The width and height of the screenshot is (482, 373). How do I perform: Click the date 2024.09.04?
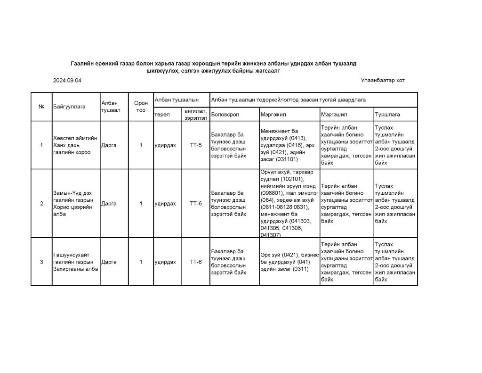[x=67, y=81]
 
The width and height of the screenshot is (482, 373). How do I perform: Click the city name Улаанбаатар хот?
[x=382, y=81]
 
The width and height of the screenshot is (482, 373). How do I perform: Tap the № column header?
[x=41, y=107]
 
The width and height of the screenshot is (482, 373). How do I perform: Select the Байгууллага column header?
[x=69, y=107]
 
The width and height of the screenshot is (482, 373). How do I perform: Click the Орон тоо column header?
[x=141, y=107]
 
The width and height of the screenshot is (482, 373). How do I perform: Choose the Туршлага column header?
[x=386, y=114]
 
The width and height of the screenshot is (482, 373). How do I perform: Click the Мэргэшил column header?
[x=333, y=114]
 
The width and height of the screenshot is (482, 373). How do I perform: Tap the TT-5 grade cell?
[x=196, y=145]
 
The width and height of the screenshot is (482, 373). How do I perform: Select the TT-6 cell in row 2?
[x=196, y=203]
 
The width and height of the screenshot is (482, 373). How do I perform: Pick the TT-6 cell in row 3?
[x=196, y=262]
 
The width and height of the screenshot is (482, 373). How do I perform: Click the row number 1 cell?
[x=41, y=145]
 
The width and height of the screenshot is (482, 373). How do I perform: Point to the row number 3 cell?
[x=41, y=262]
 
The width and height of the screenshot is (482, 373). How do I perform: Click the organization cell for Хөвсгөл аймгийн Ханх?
[x=75, y=145]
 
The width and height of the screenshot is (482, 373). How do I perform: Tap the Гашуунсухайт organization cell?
[x=75, y=262]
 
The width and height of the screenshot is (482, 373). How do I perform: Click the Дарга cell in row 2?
[x=109, y=203]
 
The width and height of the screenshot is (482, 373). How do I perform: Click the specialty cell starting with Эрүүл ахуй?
[x=289, y=203]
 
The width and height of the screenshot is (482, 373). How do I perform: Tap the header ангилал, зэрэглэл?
[x=196, y=114]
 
